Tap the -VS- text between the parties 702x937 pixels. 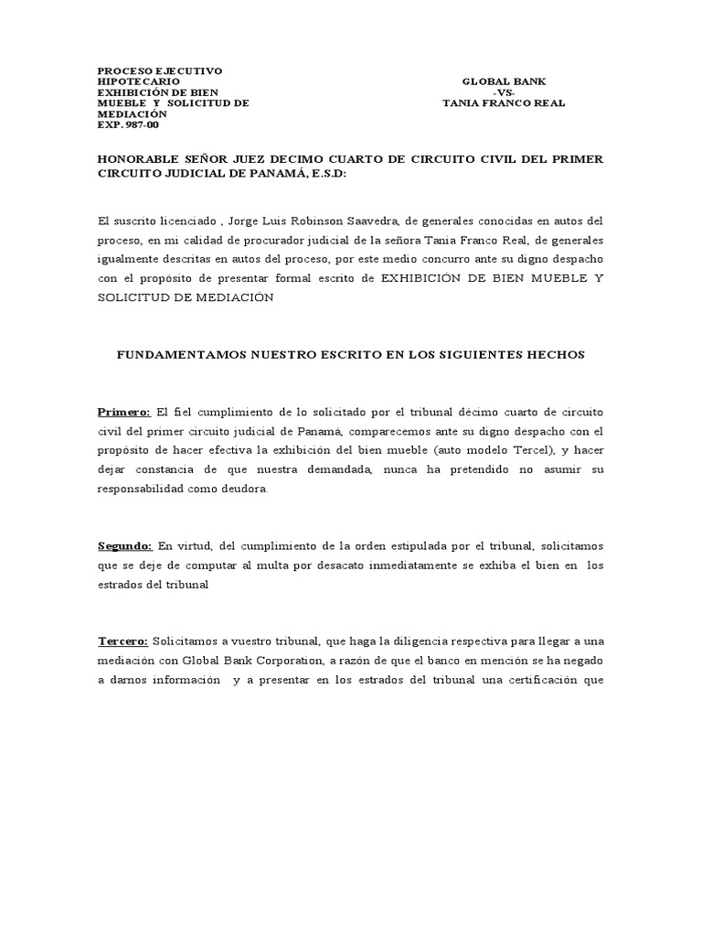(x=504, y=92)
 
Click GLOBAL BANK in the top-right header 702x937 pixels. (x=505, y=81)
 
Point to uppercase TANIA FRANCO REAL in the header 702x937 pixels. (x=504, y=103)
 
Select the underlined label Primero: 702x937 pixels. (x=123, y=412)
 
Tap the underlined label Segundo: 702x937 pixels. (x=125, y=546)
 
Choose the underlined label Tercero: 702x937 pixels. (x=123, y=642)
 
